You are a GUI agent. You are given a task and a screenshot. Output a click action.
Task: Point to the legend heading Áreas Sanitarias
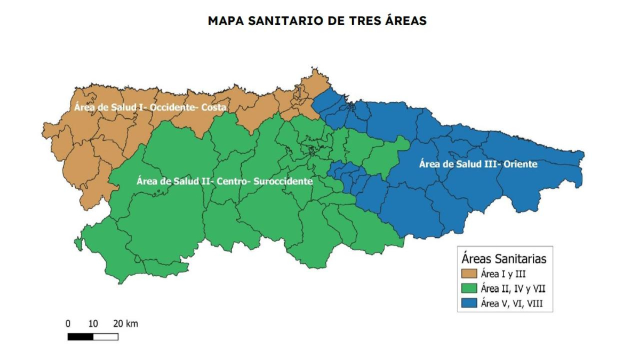pos(504,259)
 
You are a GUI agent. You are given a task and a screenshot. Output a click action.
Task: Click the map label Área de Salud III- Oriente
pos(478,164)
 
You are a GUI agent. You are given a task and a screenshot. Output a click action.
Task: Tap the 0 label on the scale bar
pos(68,324)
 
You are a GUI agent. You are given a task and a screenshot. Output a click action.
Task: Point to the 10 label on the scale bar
pos(93,324)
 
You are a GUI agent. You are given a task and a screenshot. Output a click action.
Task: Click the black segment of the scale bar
pos(81,337)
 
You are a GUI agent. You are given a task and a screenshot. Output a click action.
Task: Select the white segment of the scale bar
pos(106,337)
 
